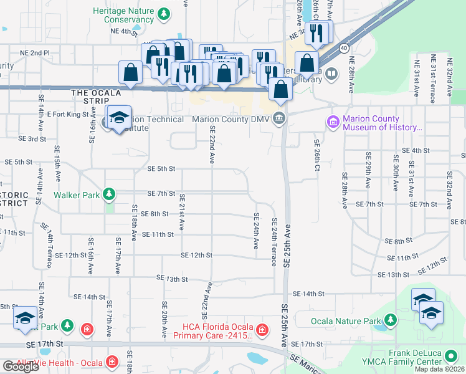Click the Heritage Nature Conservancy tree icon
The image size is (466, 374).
(163, 13)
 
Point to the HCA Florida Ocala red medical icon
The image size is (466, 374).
(262, 328)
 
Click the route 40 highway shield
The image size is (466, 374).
(343, 47)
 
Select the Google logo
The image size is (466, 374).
(21, 367)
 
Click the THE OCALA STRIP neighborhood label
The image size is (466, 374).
(95, 93)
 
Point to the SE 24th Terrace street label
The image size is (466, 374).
(274, 241)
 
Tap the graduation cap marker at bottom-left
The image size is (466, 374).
(26, 318)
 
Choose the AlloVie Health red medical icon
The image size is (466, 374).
(112, 362)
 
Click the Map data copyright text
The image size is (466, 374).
(439, 369)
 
